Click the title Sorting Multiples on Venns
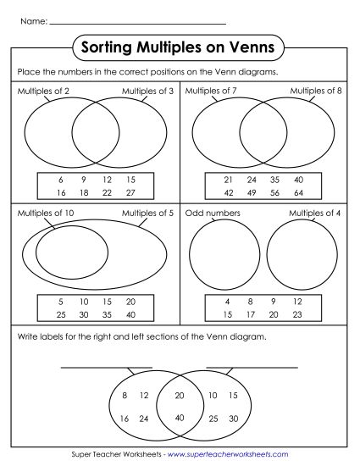click(x=179, y=44)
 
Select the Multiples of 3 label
click(x=147, y=91)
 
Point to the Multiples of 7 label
click(x=208, y=91)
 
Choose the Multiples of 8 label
click(x=315, y=91)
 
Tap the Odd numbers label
click(x=213, y=214)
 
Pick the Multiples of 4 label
click(x=315, y=214)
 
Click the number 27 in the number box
click(x=130, y=193)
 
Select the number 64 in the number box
click(x=298, y=193)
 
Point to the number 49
click(x=252, y=193)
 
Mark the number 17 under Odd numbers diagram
click(x=252, y=314)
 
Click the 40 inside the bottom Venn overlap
click(x=179, y=417)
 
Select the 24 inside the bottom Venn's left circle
click(x=144, y=419)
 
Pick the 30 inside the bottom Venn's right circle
click(x=233, y=419)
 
